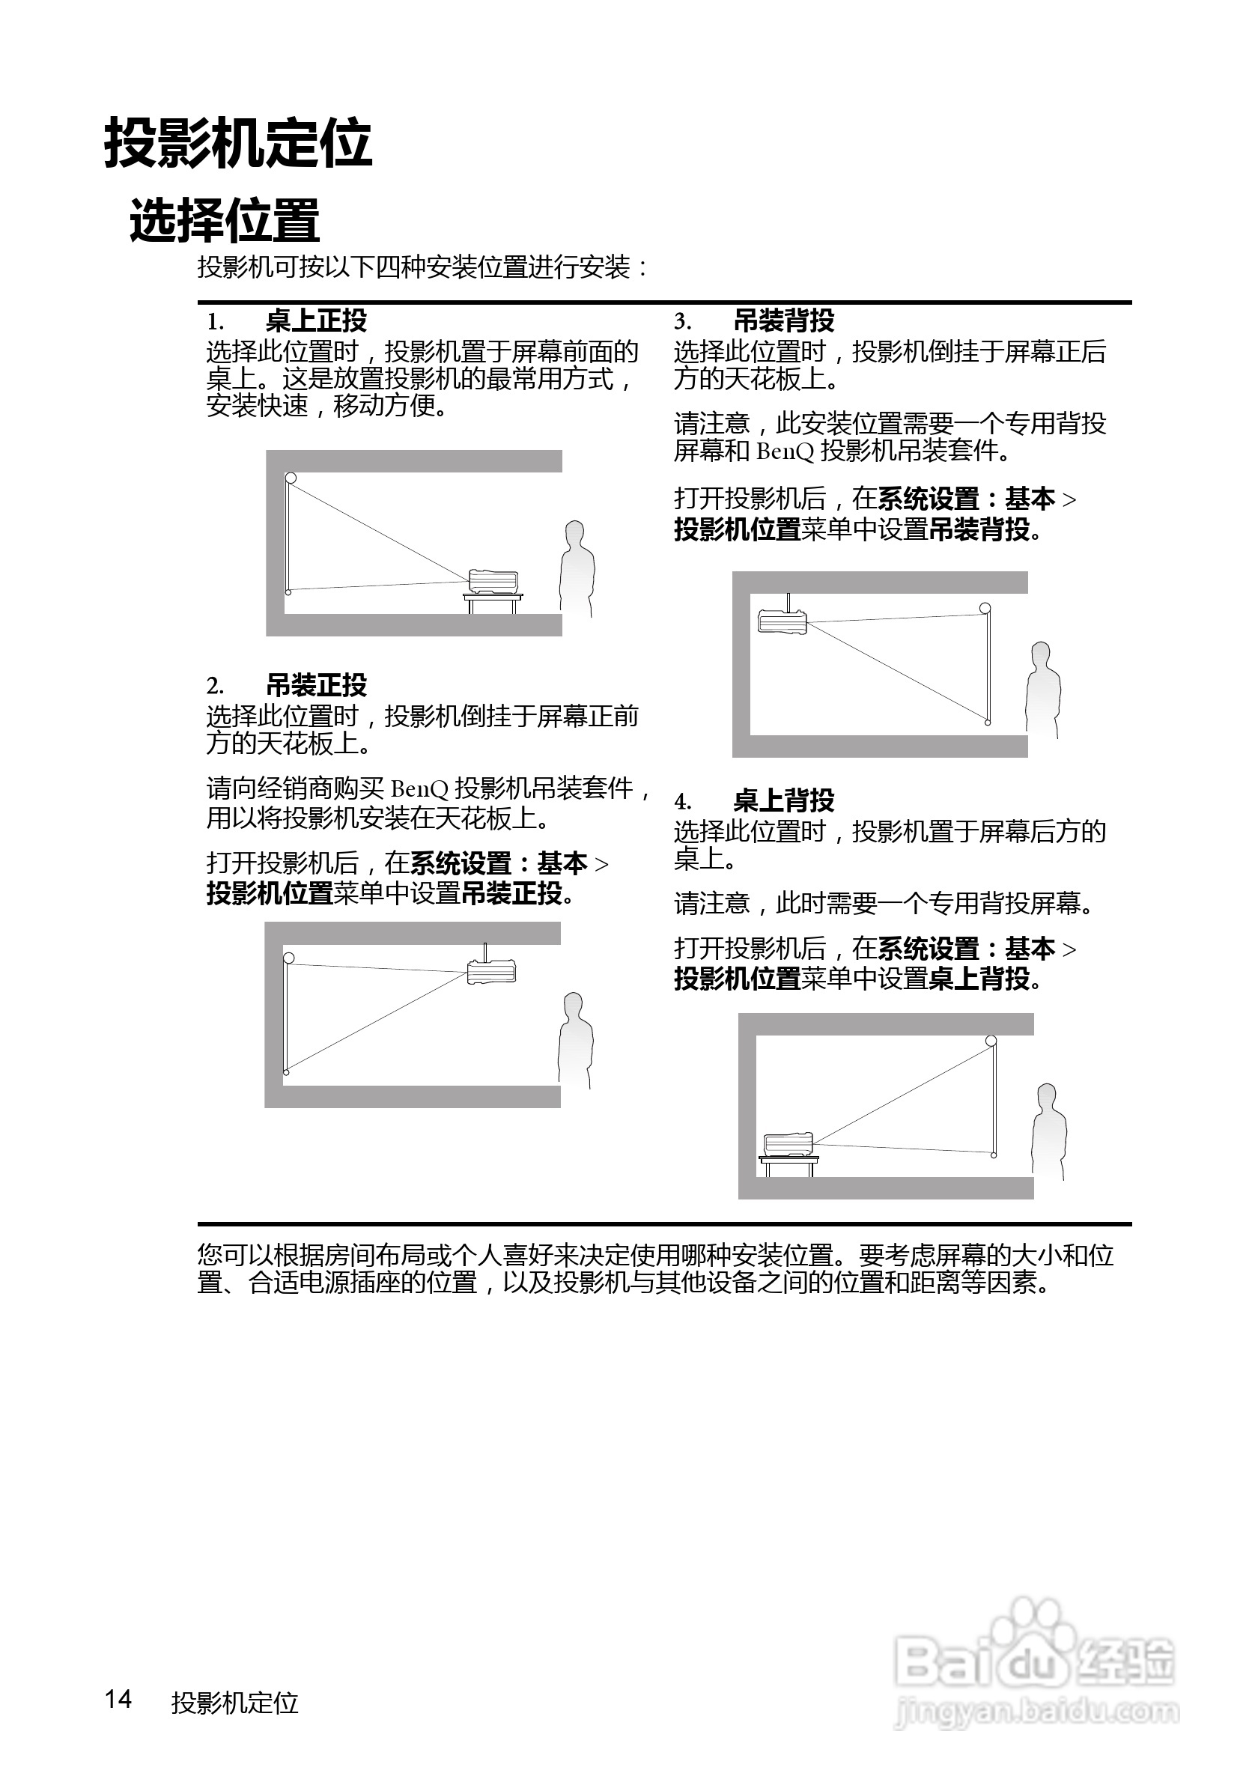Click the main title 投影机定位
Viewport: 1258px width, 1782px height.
pyautogui.click(x=237, y=144)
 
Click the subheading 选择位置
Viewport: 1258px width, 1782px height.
pyautogui.click(x=225, y=220)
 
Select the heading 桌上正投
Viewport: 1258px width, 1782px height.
pyautogui.click(x=316, y=320)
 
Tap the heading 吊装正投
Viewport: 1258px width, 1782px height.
pyautogui.click(x=316, y=684)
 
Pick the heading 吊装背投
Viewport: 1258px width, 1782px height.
pyautogui.click(x=784, y=320)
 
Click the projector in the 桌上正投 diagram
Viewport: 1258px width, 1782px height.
pyautogui.click(x=493, y=581)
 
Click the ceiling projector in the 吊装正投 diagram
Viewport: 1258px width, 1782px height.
pyautogui.click(x=491, y=970)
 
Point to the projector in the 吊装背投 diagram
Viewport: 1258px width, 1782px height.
pyautogui.click(x=783, y=621)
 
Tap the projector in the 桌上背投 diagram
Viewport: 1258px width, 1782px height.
pyautogui.click(x=788, y=1144)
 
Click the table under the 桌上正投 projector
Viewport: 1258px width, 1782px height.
pyautogui.click(x=493, y=601)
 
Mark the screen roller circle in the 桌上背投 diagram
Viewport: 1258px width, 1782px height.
pyautogui.click(x=991, y=1041)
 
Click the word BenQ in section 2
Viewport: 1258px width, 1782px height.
pyautogui.click(x=419, y=788)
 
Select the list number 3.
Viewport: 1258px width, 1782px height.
pyautogui.click(x=681, y=321)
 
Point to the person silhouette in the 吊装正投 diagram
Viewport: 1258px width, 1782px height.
pyautogui.click(x=575, y=1040)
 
